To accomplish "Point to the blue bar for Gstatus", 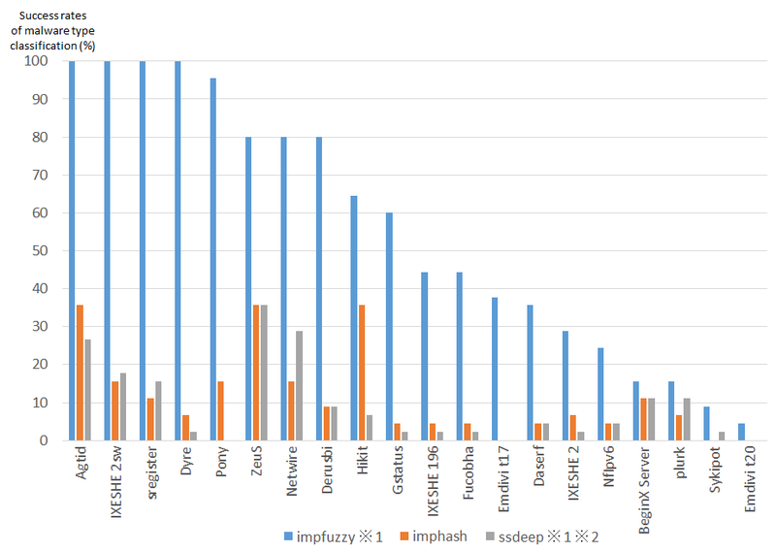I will tap(389, 326).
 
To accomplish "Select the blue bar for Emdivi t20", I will tap(742, 432).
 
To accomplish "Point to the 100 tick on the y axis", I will tap(35, 61).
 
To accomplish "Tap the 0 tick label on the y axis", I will tap(43, 440).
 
